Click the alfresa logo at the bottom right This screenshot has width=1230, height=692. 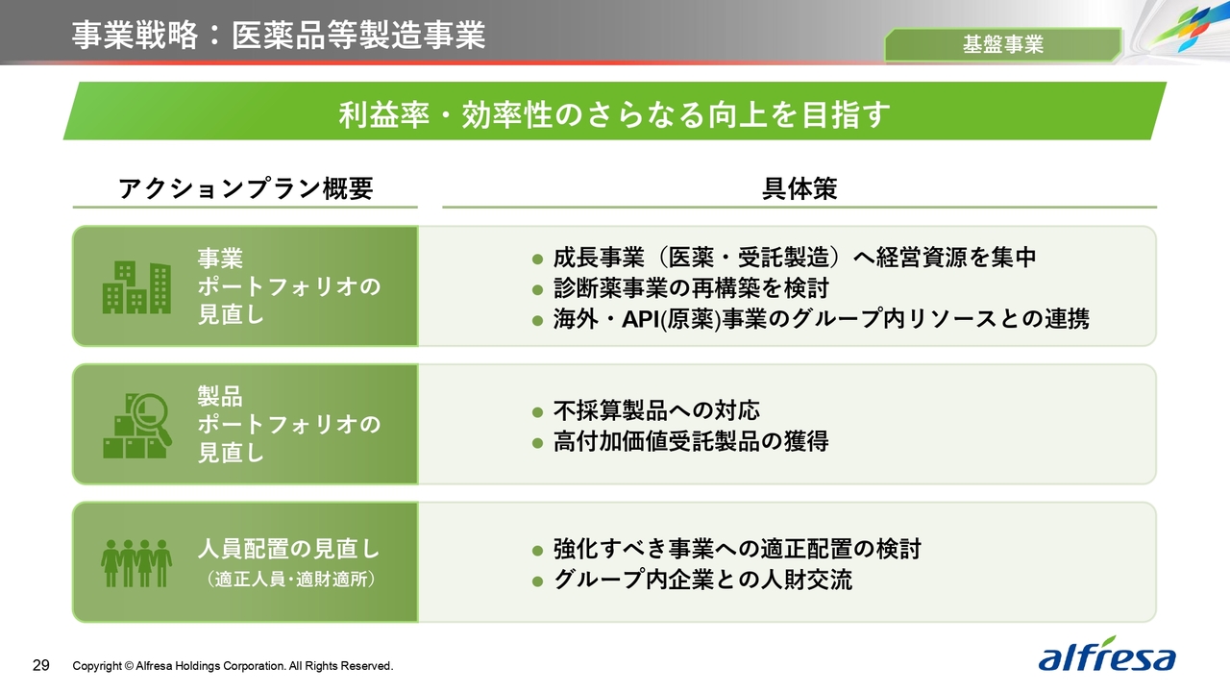1106,655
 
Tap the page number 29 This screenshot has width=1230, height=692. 41,666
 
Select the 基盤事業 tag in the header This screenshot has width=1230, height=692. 1002,44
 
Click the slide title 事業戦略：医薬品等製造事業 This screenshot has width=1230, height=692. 279,36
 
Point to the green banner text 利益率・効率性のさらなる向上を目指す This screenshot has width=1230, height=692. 614,114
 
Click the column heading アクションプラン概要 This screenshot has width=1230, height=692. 245,188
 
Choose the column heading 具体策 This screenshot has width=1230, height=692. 799,188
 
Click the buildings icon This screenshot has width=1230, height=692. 136,287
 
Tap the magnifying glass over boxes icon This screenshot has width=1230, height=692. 137,426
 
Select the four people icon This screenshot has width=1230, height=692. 136,563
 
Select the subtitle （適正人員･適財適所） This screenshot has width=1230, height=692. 291,580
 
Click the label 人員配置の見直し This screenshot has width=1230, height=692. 288,549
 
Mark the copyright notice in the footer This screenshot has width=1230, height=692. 233,666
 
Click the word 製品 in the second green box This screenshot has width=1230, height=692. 220,396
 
